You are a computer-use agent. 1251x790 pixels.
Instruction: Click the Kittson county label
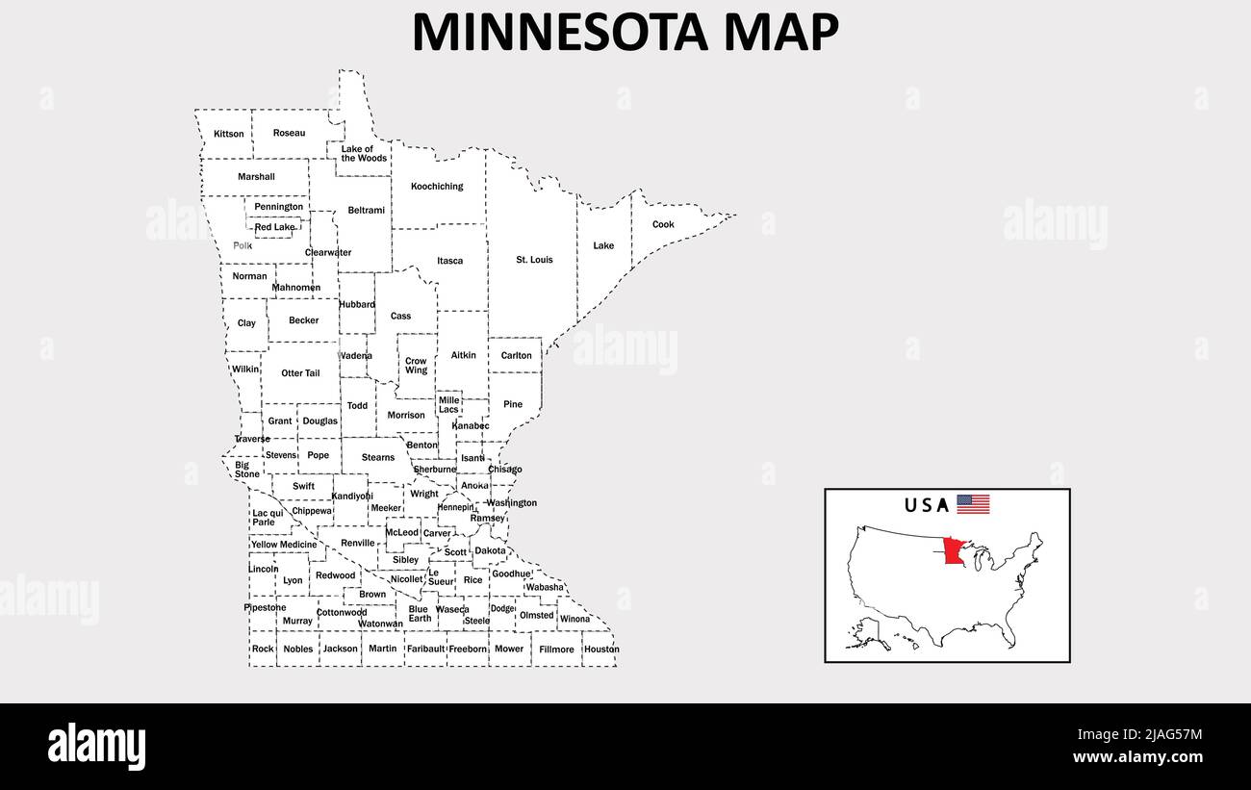click(x=229, y=134)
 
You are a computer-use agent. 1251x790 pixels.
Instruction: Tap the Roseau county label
click(x=289, y=133)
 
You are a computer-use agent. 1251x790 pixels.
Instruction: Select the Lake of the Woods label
click(x=364, y=154)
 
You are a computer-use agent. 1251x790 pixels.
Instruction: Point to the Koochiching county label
click(x=437, y=187)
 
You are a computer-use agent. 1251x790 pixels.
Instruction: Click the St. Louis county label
click(x=534, y=260)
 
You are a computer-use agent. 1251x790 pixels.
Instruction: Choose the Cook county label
click(x=663, y=225)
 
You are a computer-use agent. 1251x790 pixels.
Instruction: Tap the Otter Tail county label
click(x=300, y=373)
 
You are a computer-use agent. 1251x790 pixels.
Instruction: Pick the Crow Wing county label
click(x=416, y=366)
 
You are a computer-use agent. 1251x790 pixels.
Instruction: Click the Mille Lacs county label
click(x=448, y=405)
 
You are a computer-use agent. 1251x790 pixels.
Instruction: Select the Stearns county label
click(x=378, y=458)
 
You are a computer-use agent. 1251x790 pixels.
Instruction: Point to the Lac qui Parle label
click(x=268, y=518)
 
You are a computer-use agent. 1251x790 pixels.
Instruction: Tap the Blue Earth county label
click(x=419, y=614)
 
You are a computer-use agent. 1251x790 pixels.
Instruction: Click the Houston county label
click(x=601, y=650)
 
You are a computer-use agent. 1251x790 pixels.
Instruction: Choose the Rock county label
click(x=263, y=650)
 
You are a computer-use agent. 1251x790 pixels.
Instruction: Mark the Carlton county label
click(x=516, y=356)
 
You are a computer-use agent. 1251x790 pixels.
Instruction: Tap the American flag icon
click(x=973, y=504)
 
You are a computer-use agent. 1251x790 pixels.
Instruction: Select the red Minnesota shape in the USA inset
click(x=955, y=551)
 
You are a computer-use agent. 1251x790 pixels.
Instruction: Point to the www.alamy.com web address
click(x=1136, y=758)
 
